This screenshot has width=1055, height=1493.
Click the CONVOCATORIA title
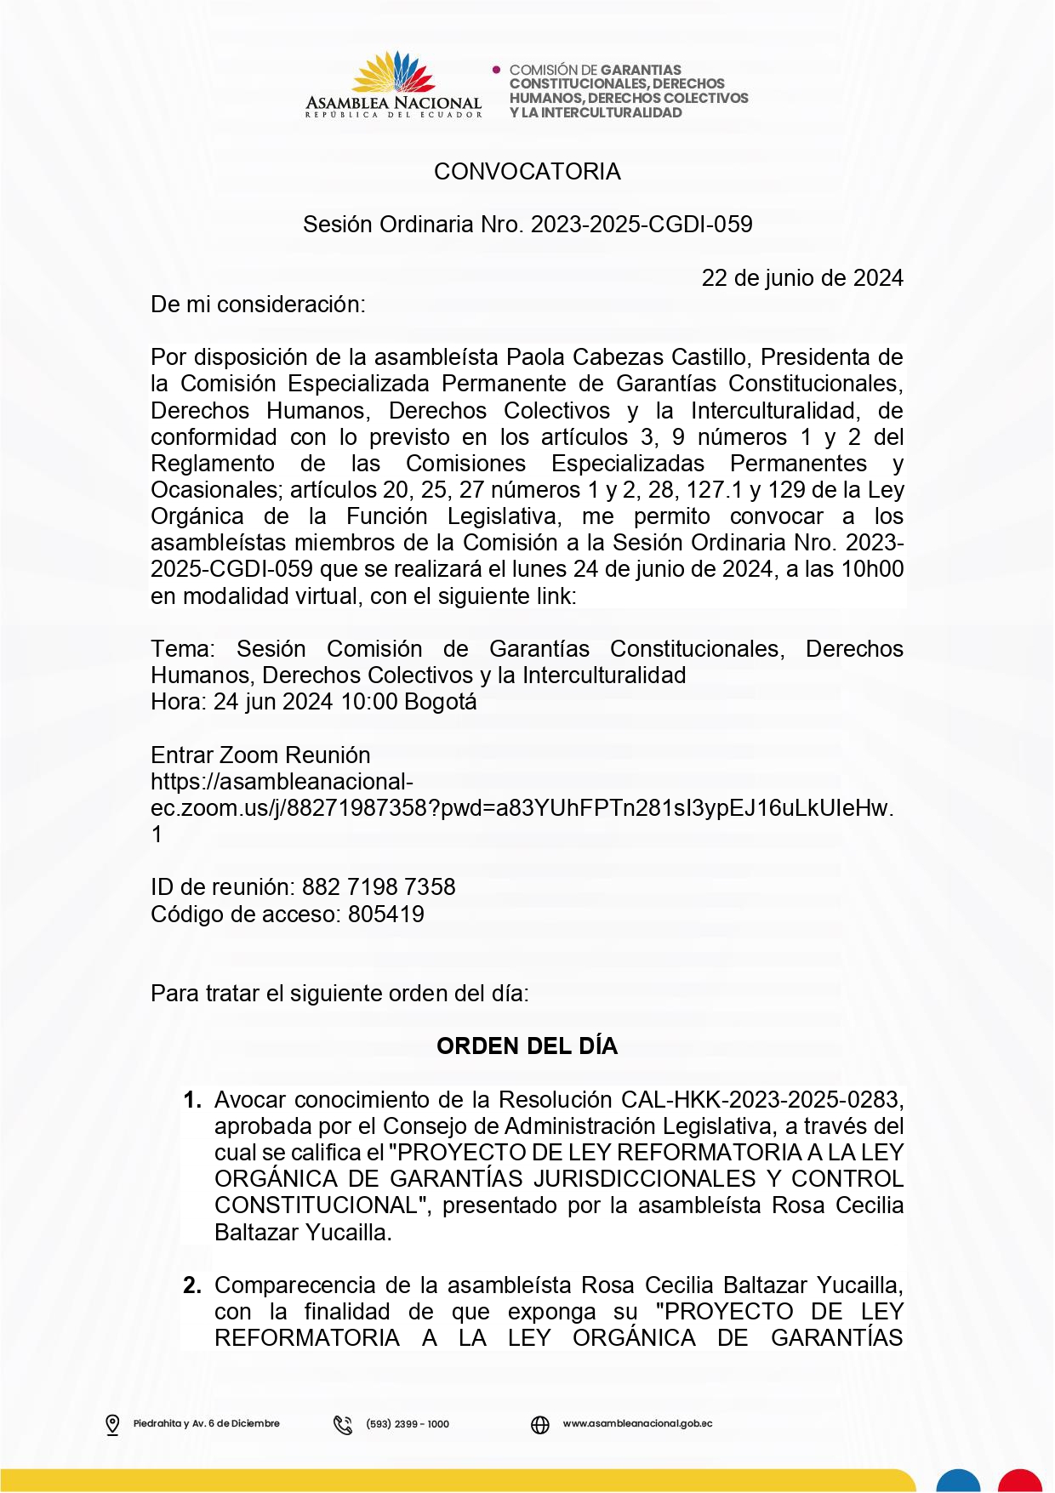(527, 172)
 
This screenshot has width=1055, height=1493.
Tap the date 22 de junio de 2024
(801, 278)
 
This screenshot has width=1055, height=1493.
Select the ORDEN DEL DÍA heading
(527, 1046)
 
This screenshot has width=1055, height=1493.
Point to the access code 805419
(386, 915)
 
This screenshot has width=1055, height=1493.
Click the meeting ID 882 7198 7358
(379, 887)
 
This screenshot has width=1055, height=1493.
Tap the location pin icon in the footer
(112, 1424)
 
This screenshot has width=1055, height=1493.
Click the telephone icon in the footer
(343, 1424)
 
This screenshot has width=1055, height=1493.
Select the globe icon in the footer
(540, 1424)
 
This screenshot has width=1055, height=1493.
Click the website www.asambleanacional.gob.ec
(637, 1424)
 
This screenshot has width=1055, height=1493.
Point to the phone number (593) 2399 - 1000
(408, 1424)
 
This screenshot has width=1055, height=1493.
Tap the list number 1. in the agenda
(192, 1100)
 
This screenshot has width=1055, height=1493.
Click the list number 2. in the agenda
(192, 1285)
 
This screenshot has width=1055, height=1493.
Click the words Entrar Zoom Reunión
(260, 755)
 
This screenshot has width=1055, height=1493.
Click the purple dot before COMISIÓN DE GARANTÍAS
(497, 70)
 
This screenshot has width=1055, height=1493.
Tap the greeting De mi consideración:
(258, 305)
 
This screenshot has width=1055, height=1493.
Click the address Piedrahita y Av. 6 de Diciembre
(206, 1424)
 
